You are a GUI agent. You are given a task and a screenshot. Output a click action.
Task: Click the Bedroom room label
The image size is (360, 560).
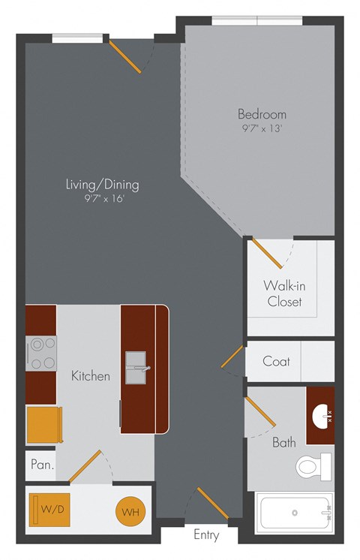click(x=262, y=114)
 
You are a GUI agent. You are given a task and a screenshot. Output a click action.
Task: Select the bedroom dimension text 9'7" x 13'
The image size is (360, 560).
click(x=262, y=128)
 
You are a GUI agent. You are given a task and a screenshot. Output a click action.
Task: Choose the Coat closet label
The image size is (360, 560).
click(x=276, y=361)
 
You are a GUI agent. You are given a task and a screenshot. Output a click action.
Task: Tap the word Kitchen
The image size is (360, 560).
click(x=91, y=375)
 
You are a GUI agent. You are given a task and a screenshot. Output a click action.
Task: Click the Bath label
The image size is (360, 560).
click(x=283, y=442)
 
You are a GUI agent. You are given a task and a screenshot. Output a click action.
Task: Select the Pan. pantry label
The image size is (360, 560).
click(x=41, y=465)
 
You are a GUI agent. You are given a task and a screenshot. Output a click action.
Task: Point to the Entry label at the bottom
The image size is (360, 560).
click(x=206, y=535)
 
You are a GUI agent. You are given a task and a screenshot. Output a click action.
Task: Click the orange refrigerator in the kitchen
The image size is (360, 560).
click(x=43, y=424)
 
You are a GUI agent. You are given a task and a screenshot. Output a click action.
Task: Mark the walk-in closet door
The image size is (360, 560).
click(x=266, y=253)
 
